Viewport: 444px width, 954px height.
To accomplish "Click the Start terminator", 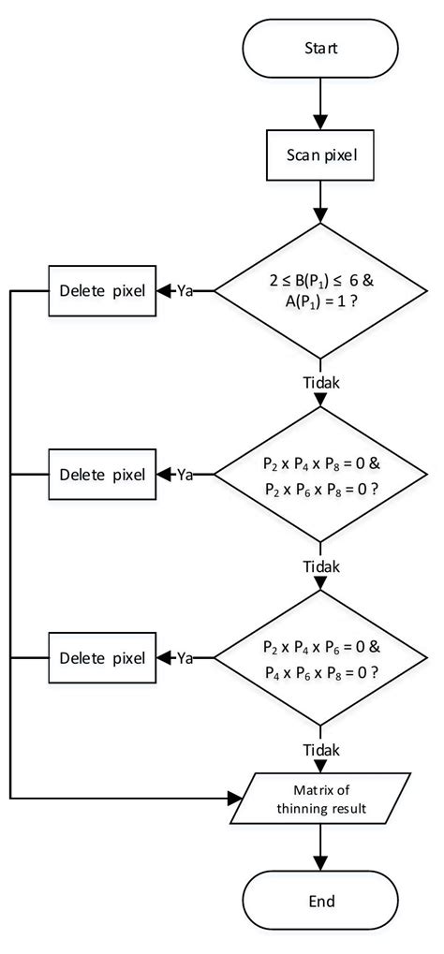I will tap(321, 46).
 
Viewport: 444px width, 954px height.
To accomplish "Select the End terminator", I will tap(321, 902).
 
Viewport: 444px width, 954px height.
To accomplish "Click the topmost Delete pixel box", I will tap(102, 290).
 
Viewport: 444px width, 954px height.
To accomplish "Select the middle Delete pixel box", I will tap(102, 474).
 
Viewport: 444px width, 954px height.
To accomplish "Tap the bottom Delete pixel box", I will tap(102, 657).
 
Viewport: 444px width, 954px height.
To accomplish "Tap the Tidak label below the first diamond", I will tap(321, 383).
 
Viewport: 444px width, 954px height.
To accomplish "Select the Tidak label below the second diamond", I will tap(321, 566).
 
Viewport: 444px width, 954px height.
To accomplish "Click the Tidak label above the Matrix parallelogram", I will tap(321, 750).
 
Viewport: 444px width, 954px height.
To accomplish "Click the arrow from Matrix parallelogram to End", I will tap(321, 847).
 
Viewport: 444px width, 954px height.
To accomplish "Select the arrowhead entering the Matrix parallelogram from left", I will tap(235, 799).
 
